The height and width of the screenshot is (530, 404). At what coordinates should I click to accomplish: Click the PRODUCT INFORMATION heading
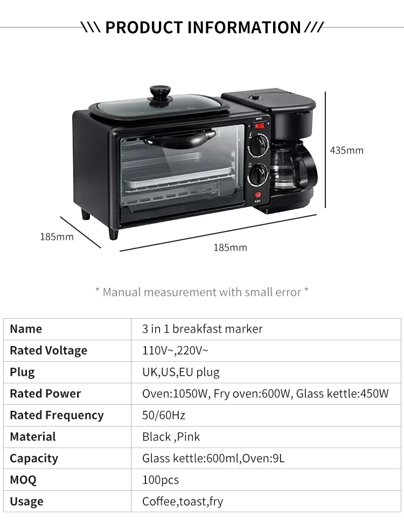point(202,27)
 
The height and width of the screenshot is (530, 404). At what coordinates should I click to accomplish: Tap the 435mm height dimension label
point(346,150)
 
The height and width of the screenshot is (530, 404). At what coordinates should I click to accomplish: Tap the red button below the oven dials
point(258,195)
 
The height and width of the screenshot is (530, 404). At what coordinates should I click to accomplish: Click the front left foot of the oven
point(113,233)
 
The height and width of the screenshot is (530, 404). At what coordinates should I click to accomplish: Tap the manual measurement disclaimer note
point(202,292)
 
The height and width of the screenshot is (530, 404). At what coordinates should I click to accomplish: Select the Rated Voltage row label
point(48,350)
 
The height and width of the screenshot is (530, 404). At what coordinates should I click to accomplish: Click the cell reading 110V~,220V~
point(175,350)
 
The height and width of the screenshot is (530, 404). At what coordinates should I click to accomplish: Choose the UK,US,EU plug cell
point(181,372)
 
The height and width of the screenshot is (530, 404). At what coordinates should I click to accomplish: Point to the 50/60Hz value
point(164,415)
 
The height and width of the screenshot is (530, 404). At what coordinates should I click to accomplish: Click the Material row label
point(33,437)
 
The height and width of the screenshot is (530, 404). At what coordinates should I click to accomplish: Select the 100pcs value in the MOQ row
point(161,480)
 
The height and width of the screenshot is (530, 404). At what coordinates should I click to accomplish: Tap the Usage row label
point(26,501)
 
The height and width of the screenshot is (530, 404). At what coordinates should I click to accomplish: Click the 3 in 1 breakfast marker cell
point(203,329)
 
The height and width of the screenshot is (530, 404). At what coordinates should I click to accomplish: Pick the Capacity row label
point(34,458)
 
